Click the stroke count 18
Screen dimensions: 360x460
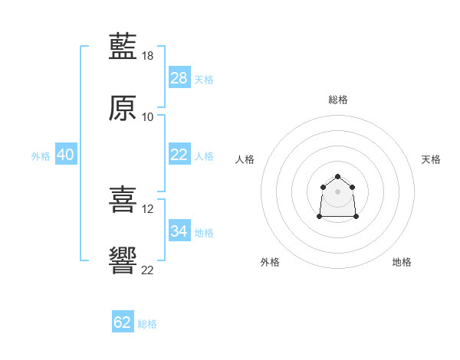click(149, 56)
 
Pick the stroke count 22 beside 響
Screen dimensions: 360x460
click(148, 269)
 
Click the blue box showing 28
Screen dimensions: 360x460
click(179, 77)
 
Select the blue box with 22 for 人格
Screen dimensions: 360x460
click(179, 154)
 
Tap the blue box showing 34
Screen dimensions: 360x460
click(179, 231)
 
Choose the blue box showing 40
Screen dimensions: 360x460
click(65, 154)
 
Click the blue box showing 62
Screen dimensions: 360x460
click(123, 322)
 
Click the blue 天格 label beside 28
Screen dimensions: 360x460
click(204, 79)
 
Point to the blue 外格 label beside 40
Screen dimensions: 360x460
click(41, 155)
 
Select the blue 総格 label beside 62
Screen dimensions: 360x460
click(147, 324)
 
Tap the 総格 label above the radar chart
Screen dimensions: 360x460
click(338, 100)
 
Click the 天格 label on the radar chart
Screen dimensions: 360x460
click(431, 159)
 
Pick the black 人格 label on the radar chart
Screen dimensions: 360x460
click(245, 159)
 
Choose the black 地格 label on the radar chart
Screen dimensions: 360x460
click(402, 262)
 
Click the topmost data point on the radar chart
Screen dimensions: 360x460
click(337, 175)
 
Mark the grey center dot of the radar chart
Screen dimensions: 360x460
click(337, 191)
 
